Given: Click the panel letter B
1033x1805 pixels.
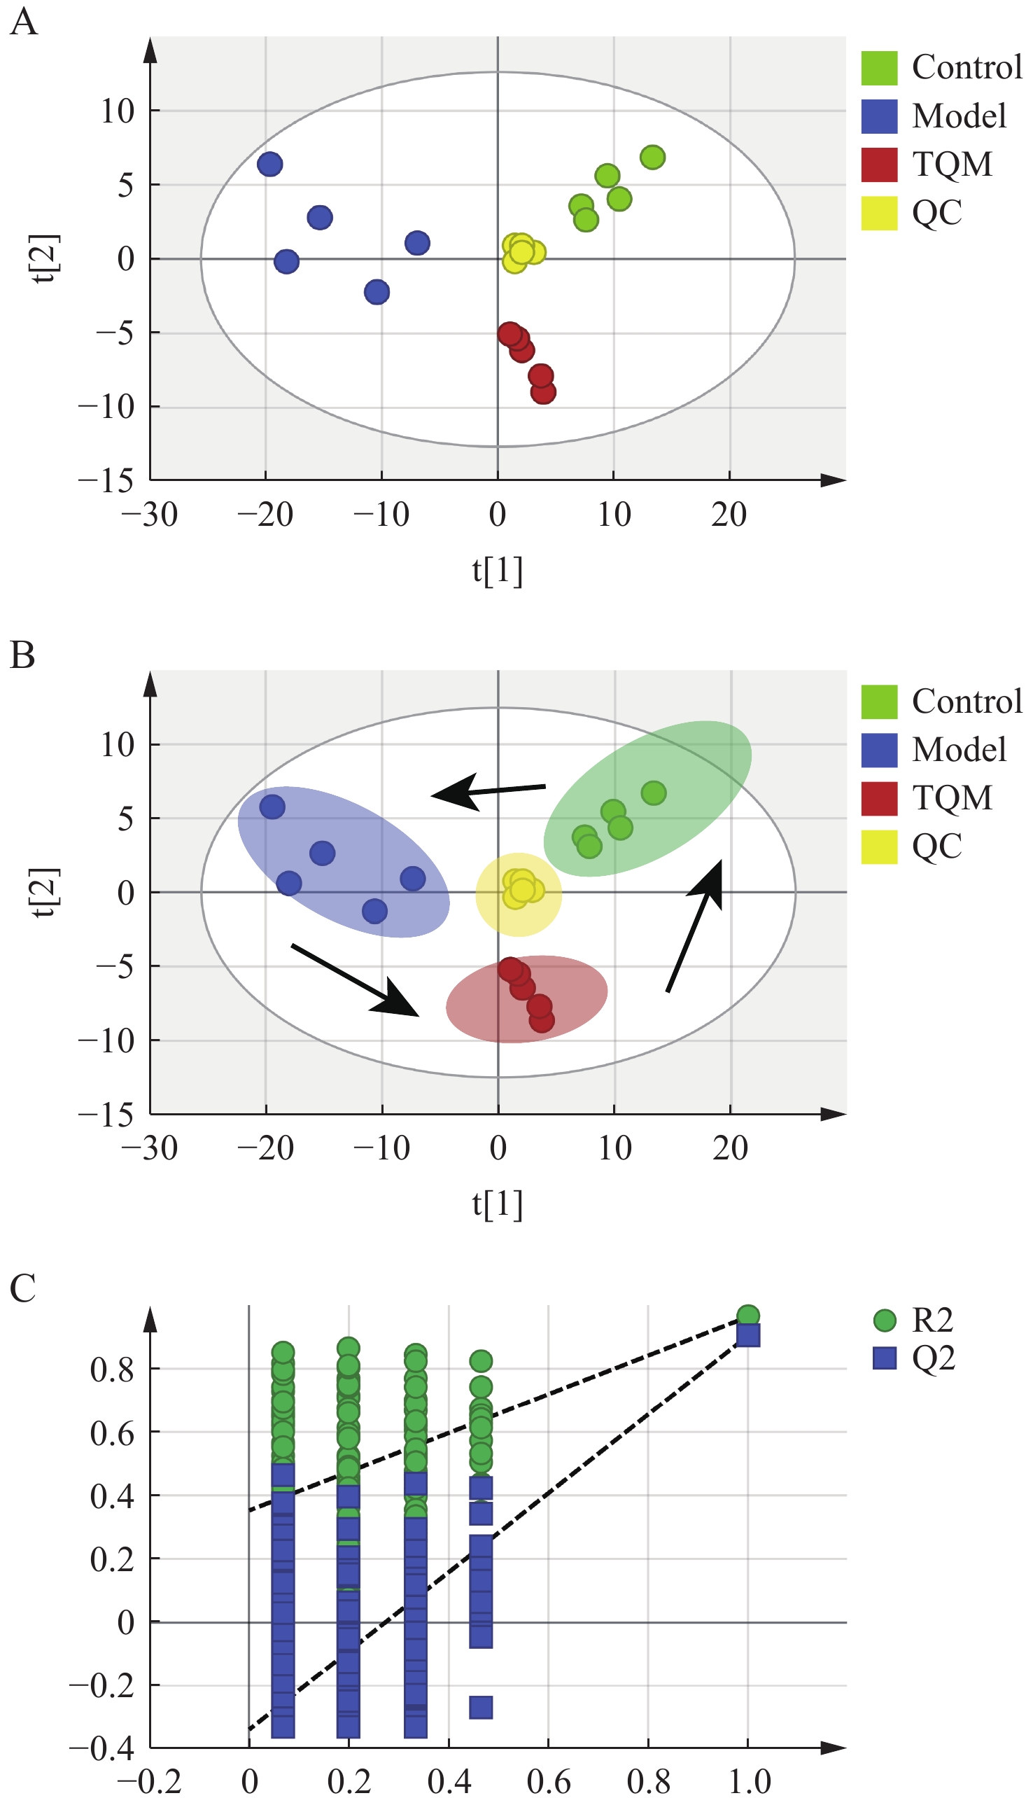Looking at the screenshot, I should coord(22,655).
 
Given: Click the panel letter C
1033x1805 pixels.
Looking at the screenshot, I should coord(22,1288).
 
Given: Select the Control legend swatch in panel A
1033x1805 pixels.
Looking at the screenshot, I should coord(879,67).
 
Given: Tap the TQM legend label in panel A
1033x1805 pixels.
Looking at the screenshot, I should coord(952,164).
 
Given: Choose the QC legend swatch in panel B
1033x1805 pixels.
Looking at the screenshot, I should coord(879,846).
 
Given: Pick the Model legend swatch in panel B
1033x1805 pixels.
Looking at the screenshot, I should coord(879,750).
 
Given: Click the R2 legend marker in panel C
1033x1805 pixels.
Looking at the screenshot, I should coord(884,1320).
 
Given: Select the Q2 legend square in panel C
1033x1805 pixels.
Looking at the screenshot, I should coord(884,1358).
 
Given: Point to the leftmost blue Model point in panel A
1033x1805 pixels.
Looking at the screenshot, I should coord(269,164).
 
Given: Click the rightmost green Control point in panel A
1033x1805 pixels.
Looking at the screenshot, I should coord(652,157).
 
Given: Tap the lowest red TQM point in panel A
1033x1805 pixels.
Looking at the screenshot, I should coord(544,392).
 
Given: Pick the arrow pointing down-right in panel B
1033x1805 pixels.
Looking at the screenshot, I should coord(355,980).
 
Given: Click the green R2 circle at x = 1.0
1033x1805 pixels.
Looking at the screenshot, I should coord(747,1316).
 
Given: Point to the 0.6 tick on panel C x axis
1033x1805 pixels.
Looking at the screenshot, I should coord(549,1781).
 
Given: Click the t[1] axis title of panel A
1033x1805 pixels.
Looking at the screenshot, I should coord(498,571).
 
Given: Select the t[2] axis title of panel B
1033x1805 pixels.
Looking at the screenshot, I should coord(47,892).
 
